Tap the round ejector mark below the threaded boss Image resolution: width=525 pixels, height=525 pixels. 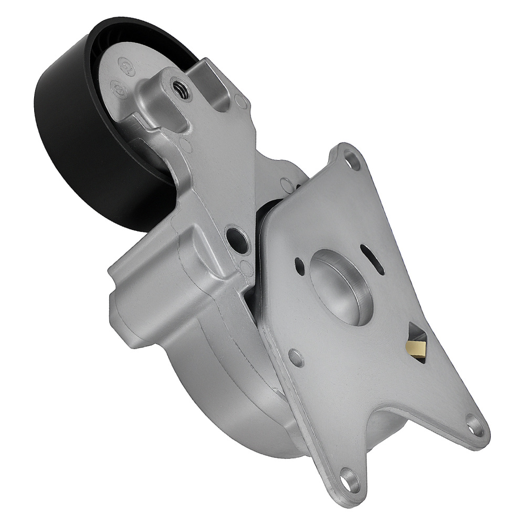click(x=184, y=143)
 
